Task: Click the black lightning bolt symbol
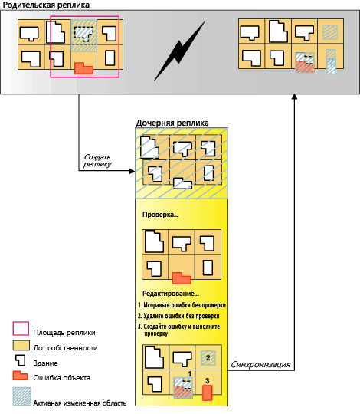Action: (x=179, y=52)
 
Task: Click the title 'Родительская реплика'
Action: (x=46, y=5)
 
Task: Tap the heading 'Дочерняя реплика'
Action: (x=172, y=123)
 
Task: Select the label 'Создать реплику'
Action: (x=97, y=160)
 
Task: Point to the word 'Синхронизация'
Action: (x=260, y=365)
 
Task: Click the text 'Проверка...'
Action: (x=160, y=215)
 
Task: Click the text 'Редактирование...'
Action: (x=171, y=294)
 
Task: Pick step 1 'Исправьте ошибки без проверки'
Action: (x=182, y=305)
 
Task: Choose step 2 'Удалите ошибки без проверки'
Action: (x=178, y=316)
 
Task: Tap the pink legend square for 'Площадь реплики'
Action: (x=21, y=328)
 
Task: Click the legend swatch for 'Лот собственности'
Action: (x=21, y=345)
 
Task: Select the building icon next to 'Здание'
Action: (x=21, y=360)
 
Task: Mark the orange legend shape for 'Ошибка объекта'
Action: (x=20, y=376)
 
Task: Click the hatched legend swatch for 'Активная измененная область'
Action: (x=22, y=396)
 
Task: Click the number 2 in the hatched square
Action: (x=208, y=358)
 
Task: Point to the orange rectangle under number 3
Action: (x=208, y=393)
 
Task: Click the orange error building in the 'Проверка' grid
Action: (x=182, y=278)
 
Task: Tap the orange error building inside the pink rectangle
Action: (x=83, y=68)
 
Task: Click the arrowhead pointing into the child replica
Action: (x=132, y=171)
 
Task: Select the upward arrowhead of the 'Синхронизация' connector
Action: (x=295, y=97)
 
